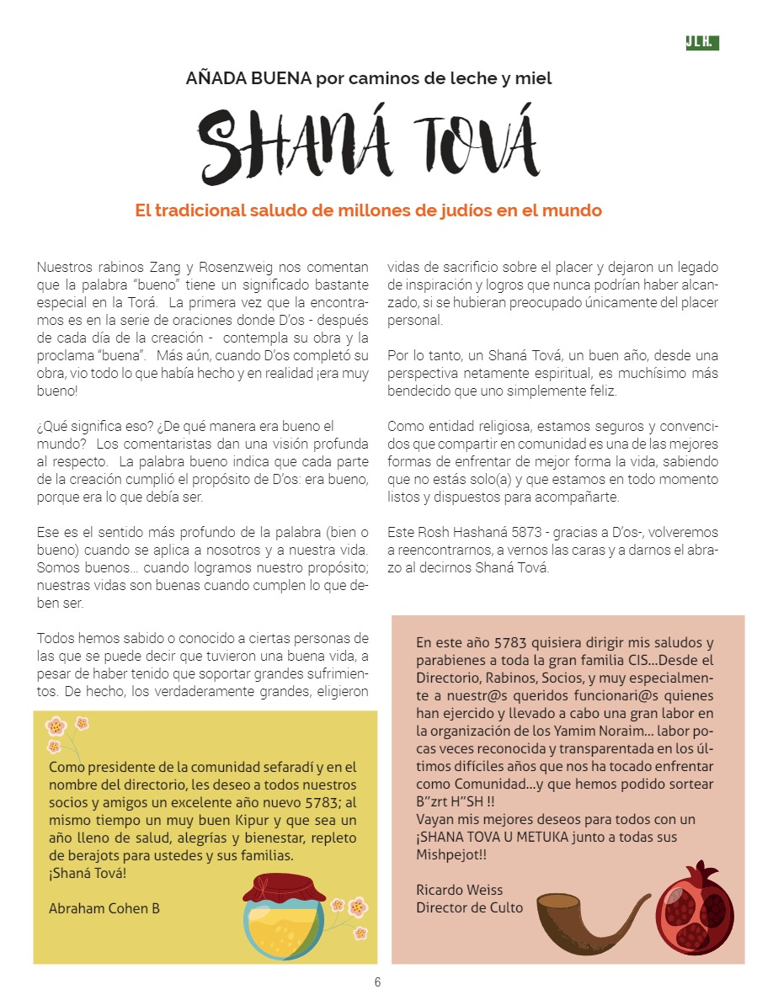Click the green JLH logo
coord(701,43)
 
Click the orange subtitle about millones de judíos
coord(368,210)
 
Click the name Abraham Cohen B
coord(104,908)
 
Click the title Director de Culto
coord(469,907)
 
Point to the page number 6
coord(378,981)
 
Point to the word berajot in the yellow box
coord(80,855)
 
